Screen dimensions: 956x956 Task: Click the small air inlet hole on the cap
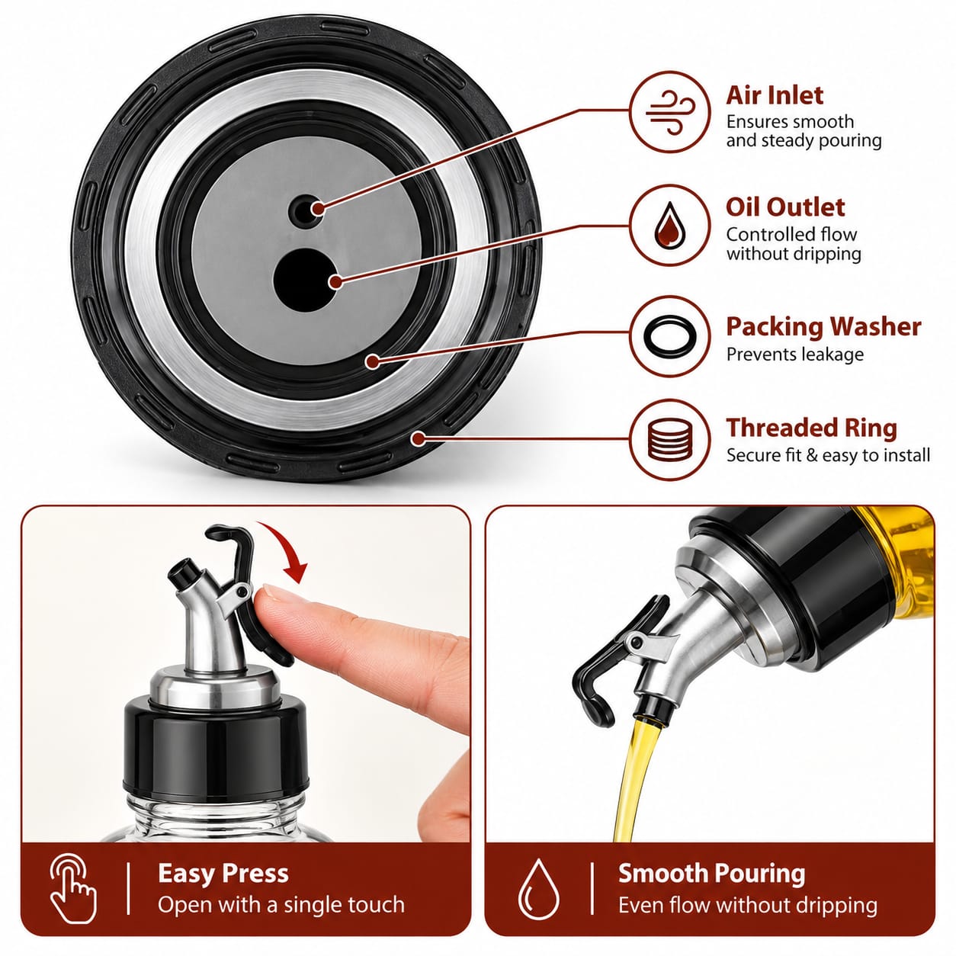click(303, 211)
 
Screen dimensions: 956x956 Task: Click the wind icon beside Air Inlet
click(670, 113)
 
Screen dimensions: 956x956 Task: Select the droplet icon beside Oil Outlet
click(670, 226)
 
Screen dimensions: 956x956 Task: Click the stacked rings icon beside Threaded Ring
click(670, 440)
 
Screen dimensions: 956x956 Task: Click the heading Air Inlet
click(774, 95)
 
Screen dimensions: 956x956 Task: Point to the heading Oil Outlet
click(784, 207)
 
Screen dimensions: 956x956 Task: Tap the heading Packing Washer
click(823, 327)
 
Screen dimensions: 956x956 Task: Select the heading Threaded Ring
click(812, 428)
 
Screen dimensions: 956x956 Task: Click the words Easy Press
click(223, 873)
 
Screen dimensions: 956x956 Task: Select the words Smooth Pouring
click(711, 873)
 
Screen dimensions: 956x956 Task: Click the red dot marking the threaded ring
click(419, 438)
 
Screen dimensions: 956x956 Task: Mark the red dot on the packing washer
click(372, 361)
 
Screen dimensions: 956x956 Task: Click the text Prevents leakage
click(795, 354)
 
